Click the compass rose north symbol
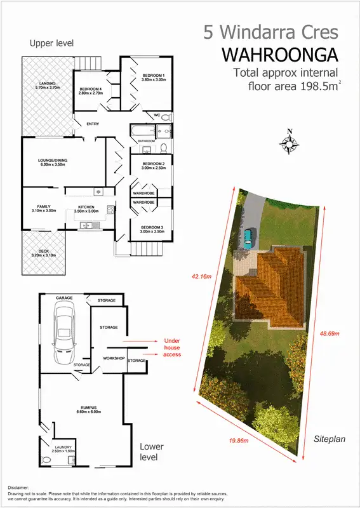click(290, 144)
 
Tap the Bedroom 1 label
click(152, 77)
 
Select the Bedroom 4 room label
click(90, 90)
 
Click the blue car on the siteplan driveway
click(250, 237)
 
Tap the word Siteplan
click(329, 439)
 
